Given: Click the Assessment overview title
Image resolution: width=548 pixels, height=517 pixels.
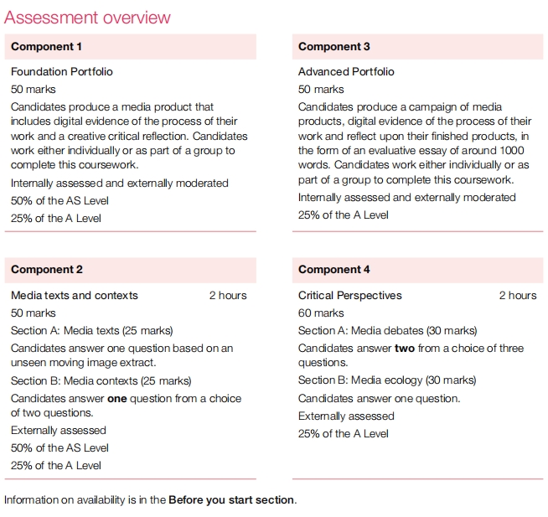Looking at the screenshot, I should [87, 17].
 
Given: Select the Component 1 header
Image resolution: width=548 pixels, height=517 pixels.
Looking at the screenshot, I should [47, 47].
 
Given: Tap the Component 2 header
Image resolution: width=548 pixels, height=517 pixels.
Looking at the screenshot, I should [47, 270].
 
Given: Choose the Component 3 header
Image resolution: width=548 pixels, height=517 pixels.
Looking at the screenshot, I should [333, 47].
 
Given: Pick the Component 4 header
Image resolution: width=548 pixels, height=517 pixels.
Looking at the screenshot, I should [333, 270].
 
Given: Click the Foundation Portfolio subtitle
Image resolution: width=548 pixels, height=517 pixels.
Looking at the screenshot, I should [62, 72].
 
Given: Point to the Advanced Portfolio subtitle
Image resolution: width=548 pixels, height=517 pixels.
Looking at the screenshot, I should [346, 72].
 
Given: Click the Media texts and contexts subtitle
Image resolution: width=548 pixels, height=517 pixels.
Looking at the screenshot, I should [75, 296].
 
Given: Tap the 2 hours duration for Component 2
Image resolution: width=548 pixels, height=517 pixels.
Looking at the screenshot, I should [228, 296].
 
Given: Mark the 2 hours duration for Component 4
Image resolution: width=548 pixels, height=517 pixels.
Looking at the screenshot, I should [518, 296].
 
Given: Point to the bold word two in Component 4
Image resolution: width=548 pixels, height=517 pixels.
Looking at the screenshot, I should [405, 349].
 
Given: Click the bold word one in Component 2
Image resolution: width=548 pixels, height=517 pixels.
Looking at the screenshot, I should [117, 399].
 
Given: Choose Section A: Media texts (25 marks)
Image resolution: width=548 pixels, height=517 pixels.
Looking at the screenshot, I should [92, 331].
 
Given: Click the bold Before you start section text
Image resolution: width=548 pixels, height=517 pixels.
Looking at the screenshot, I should [231, 500].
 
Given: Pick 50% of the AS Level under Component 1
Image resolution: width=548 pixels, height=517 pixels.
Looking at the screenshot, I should [59, 201].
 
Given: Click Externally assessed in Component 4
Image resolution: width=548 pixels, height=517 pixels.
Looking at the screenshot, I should [346, 416].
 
